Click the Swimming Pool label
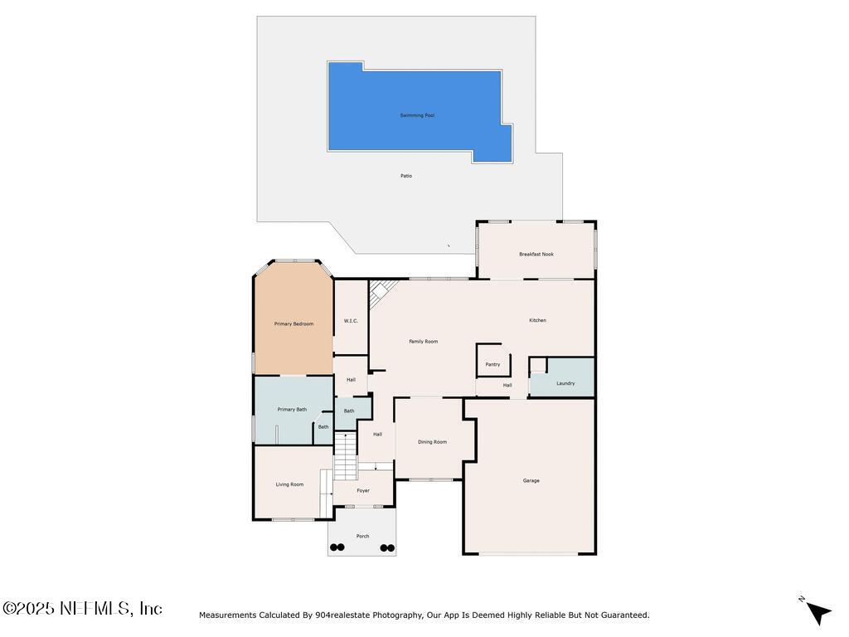[417, 115]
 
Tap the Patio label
[406, 176]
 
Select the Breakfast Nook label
[536, 254]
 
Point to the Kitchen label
[538, 320]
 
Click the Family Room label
[423, 342]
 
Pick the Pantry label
[492, 364]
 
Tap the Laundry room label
[565, 383]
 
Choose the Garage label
[531, 480]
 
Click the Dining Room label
[432, 442]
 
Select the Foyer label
[363, 490]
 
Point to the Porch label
[362, 537]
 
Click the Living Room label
[290, 484]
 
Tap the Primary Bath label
[292, 409]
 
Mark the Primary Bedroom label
[294, 323]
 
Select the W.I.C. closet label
[351, 321]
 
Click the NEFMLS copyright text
[82, 609]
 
